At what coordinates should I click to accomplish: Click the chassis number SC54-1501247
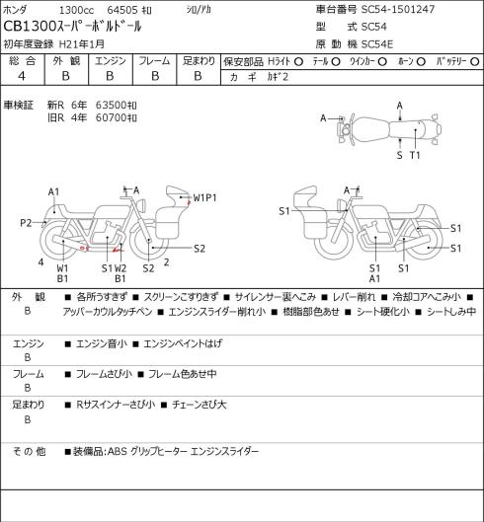(398, 9)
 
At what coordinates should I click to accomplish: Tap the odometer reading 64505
(122, 10)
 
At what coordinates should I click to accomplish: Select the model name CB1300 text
(30, 27)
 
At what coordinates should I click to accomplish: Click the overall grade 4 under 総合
(22, 76)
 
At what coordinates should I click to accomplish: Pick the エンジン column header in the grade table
(111, 61)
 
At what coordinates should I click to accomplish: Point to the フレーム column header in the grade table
(154, 61)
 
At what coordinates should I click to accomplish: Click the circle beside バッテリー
(475, 61)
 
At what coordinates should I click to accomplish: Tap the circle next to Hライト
(298, 61)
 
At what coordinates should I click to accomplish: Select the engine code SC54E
(377, 44)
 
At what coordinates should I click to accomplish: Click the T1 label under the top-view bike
(415, 155)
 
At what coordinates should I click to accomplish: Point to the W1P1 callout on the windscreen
(204, 198)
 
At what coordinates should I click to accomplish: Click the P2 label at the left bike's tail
(26, 223)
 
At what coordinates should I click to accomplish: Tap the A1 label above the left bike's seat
(53, 192)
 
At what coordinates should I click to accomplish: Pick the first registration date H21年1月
(82, 44)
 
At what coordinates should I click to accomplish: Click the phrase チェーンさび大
(199, 405)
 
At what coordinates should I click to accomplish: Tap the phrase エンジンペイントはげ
(183, 343)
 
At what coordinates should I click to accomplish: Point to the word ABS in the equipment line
(117, 452)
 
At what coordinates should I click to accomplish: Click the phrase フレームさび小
(104, 374)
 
